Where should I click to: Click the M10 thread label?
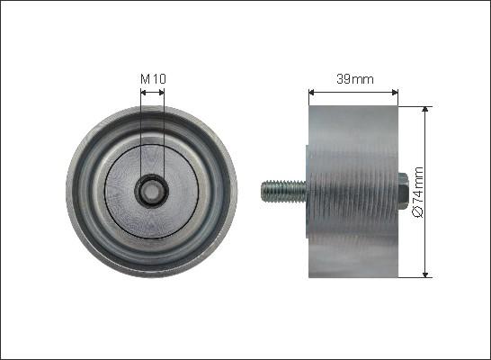click(153, 79)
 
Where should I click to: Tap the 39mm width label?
click(353, 79)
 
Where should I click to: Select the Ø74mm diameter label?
click(417, 191)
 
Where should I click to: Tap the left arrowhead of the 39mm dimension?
click(311, 91)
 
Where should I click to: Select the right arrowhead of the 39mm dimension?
click(395, 91)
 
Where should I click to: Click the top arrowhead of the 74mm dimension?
click(424, 109)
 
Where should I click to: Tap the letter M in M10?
click(145, 79)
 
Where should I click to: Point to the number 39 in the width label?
click(344, 79)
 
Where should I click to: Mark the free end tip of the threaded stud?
click(263, 191)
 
